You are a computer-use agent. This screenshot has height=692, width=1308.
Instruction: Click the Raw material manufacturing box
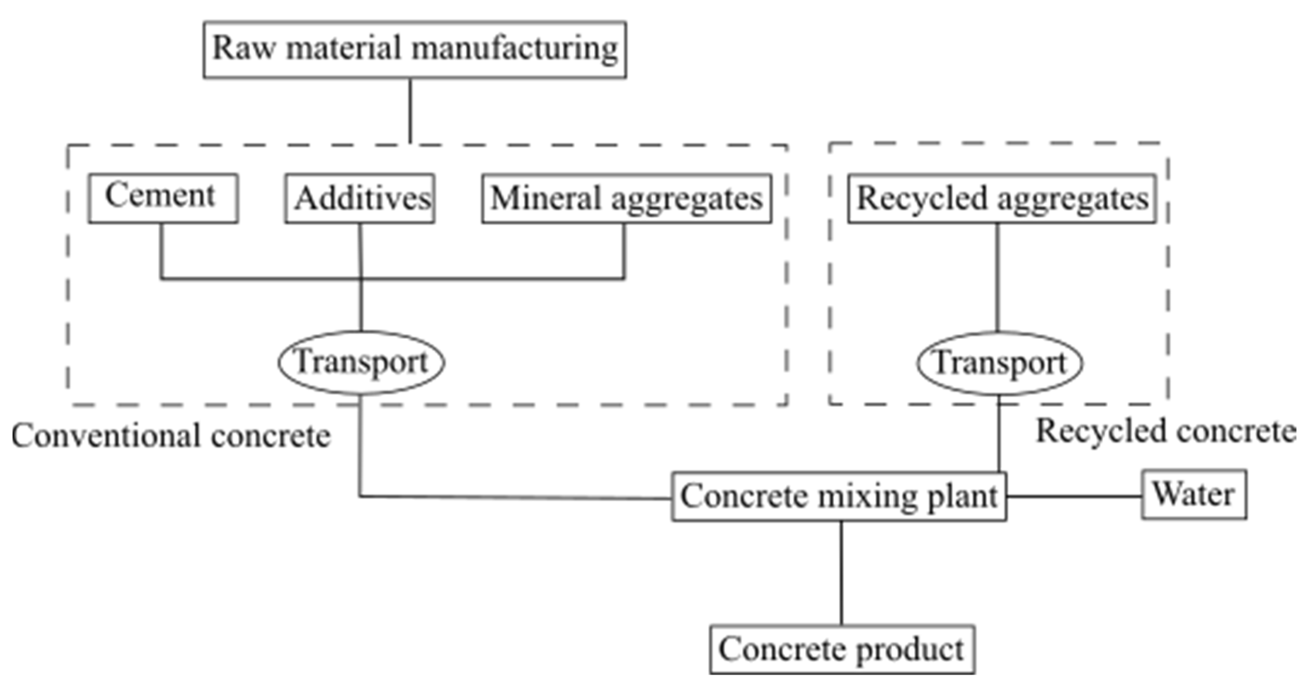(414, 49)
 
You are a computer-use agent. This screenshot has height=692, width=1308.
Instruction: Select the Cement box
(163, 198)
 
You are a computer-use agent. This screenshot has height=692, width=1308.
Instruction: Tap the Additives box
(359, 198)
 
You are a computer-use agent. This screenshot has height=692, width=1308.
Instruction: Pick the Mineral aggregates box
(626, 198)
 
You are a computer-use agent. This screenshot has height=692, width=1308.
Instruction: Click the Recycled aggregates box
(1001, 198)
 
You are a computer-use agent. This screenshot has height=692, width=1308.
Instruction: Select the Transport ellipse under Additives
(361, 362)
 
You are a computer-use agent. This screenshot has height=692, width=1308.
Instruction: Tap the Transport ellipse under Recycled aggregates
(999, 364)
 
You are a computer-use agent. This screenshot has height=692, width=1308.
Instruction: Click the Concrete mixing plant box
(839, 496)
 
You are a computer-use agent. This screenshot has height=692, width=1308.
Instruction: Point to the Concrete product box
(842, 649)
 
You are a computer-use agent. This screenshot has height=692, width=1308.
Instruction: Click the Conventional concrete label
(171, 436)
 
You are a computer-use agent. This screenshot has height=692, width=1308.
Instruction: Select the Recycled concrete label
(1165, 431)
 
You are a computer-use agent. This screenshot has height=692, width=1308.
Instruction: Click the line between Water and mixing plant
(1074, 496)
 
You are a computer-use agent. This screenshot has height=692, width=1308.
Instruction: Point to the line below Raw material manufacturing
(410, 111)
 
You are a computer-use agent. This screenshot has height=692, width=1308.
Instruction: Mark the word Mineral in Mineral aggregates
(545, 198)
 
